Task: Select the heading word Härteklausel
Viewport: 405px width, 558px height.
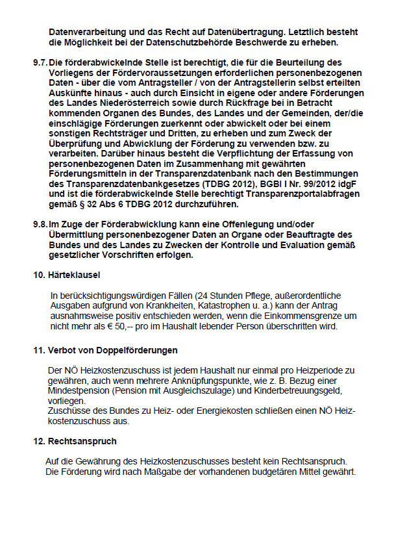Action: pos(74,275)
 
